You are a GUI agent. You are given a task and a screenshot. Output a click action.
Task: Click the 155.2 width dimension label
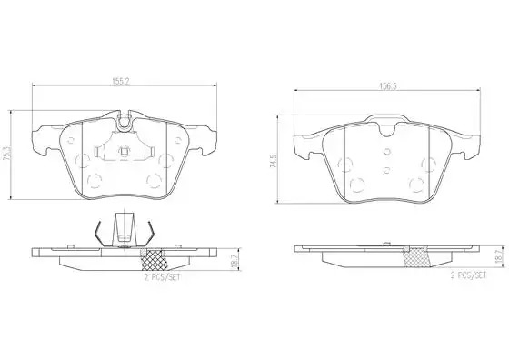(x=120, y=82)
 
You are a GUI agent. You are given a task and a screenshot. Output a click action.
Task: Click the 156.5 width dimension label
(x=388, y=86)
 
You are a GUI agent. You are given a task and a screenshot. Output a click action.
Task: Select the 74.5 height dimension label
(x=274, y=161)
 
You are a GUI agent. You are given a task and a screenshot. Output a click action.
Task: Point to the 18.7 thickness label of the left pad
(x=235, y=261)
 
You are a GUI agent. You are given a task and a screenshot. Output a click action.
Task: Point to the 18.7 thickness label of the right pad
(x=504, y=256)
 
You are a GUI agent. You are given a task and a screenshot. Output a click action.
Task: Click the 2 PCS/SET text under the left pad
(x=162, y=277)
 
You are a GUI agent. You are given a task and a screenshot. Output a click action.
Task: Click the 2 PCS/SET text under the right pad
(x=468, y=275)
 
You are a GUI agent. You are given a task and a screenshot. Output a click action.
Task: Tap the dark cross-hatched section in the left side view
(x=155, y=259)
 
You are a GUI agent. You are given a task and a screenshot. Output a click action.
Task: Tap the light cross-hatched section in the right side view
(x=417, y=257)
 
